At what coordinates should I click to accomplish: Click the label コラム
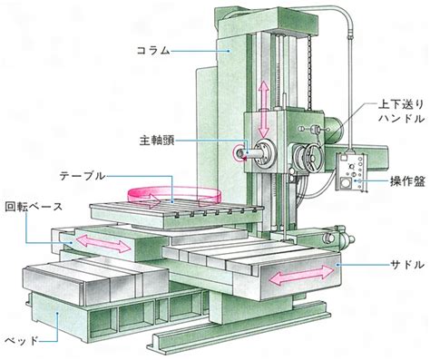153,51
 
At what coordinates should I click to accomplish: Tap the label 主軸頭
157,141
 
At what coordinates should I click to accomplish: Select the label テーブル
83,176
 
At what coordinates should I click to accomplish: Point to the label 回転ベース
34,207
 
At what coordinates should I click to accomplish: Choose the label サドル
407,265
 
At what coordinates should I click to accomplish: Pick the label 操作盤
407,181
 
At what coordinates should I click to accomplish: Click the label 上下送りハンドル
401,112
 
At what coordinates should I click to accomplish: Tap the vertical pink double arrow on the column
263,109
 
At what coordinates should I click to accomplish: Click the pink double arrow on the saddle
301,275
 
